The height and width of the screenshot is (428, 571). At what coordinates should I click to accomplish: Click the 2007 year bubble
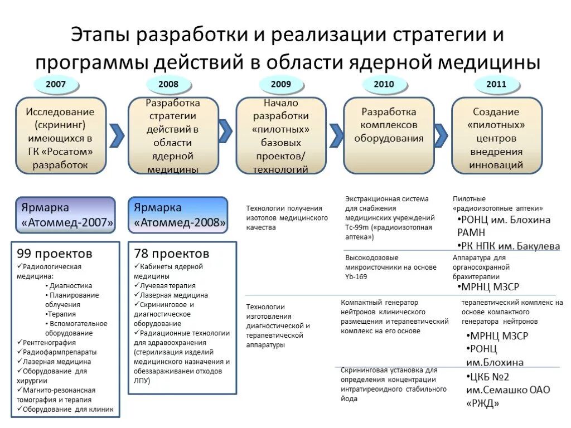[56, 84]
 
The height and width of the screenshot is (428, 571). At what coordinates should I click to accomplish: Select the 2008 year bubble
[168, 84]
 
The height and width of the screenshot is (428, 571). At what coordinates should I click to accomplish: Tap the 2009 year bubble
[281, 84]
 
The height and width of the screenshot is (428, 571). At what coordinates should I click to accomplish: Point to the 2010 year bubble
[385, 84]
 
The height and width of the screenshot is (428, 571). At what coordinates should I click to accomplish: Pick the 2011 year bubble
[496, 84]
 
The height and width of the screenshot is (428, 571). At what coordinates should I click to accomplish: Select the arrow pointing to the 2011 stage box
[441, 134]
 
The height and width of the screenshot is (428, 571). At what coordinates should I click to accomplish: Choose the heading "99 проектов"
[55, 254]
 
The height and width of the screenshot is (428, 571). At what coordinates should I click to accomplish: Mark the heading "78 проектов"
[171, 254]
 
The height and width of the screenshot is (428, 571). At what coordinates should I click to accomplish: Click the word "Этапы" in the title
[101, 35]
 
